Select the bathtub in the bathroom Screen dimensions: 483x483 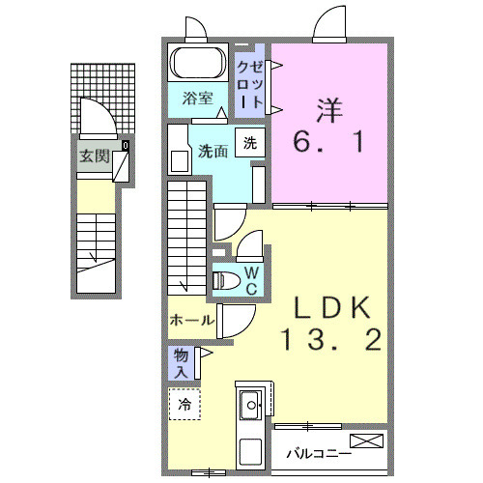point(201,65)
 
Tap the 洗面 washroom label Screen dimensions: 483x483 point(213,151)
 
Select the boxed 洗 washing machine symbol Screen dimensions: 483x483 point(250,144)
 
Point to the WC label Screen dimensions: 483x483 point(249,280)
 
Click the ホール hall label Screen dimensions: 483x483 point(191,320)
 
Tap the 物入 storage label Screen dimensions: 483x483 point(182,364)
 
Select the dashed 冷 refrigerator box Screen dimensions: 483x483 point(184,405)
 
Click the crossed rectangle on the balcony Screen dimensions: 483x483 point(367,442)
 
